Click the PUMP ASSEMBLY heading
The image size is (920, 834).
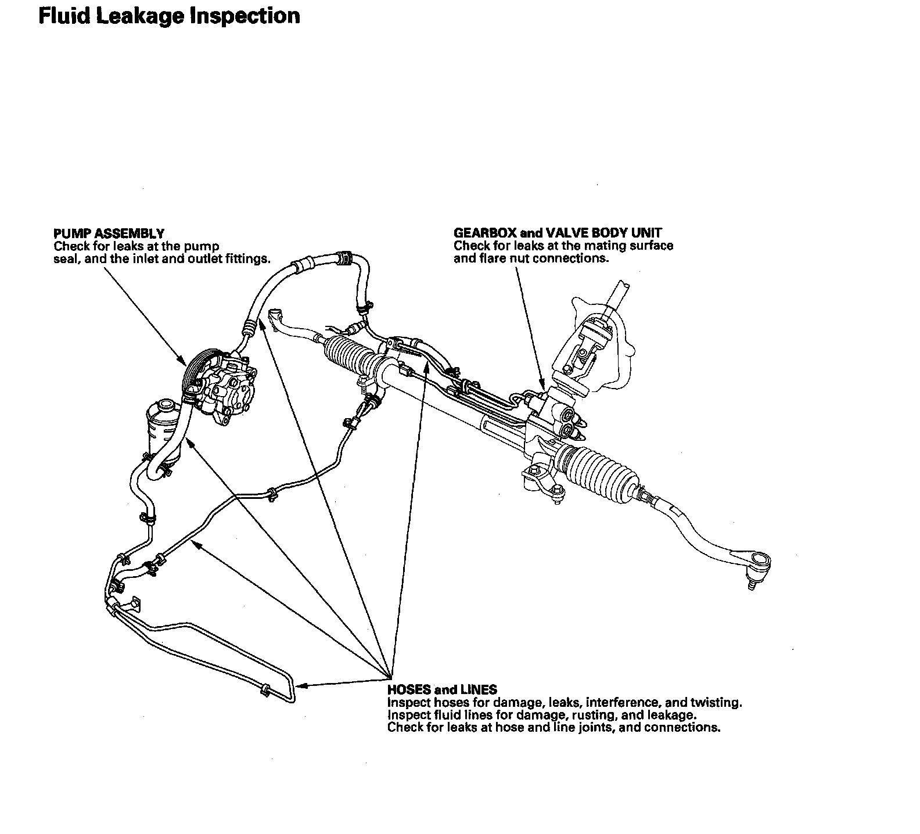point(109,233)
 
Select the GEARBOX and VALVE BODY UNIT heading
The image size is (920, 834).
point(557,233)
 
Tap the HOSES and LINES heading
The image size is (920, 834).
point(442,689)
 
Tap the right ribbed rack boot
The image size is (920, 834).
point(602,472)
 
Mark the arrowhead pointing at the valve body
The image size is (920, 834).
point(542,386)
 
